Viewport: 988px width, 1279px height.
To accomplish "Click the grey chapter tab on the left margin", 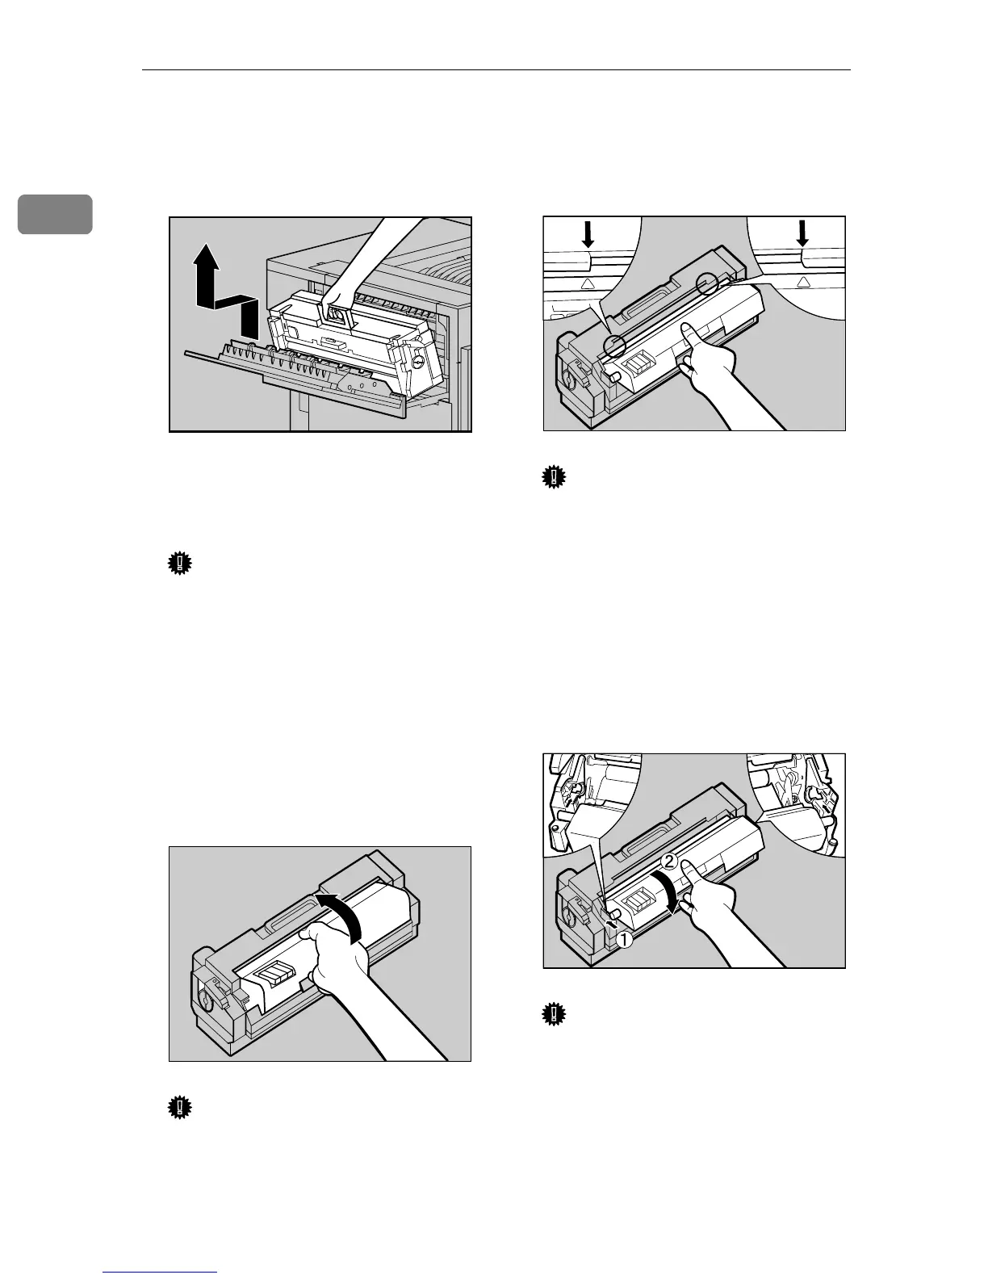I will [68, 213].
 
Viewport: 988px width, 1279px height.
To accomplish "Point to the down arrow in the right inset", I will [802, 234].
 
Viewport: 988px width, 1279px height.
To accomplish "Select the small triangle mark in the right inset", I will [802, 282].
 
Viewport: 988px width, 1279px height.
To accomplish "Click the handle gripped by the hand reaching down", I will [337, 315].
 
